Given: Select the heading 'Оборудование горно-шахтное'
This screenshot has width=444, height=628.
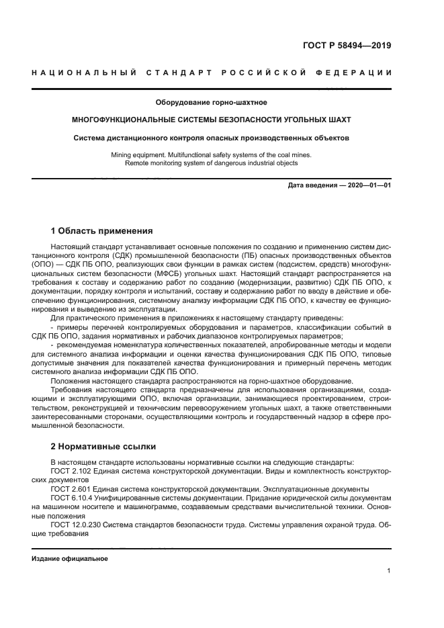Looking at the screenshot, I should (x=212, y=103).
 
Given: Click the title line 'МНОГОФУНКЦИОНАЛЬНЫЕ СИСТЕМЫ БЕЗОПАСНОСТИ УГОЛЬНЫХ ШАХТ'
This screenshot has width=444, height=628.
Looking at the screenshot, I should (x=212, y=120).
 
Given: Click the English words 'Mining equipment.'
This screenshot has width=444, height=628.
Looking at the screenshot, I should (x=139, y=154).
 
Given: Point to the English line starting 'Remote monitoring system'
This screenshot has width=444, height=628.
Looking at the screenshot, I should (x=212, y=163).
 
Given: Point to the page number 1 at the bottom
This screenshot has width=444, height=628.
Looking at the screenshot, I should (x=389, y=571).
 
